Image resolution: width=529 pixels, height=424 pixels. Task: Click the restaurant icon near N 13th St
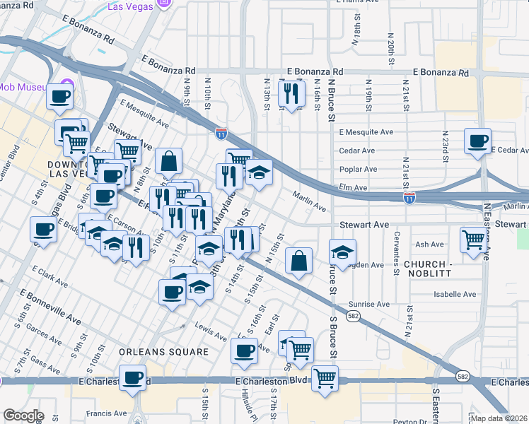coord(291,93)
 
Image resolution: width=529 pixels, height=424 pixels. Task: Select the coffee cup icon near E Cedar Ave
coord(478,140)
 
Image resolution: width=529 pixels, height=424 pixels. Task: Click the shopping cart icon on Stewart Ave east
coord(472,238)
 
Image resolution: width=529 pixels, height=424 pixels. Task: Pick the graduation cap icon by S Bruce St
coord(342,251)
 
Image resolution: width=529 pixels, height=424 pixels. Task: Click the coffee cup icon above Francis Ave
coord(132,377)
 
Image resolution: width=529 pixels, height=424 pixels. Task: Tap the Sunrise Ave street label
coord(368,304)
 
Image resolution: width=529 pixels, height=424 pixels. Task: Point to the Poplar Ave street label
coord(358,170)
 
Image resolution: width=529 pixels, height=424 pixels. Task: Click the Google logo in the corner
coord(23,415)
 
